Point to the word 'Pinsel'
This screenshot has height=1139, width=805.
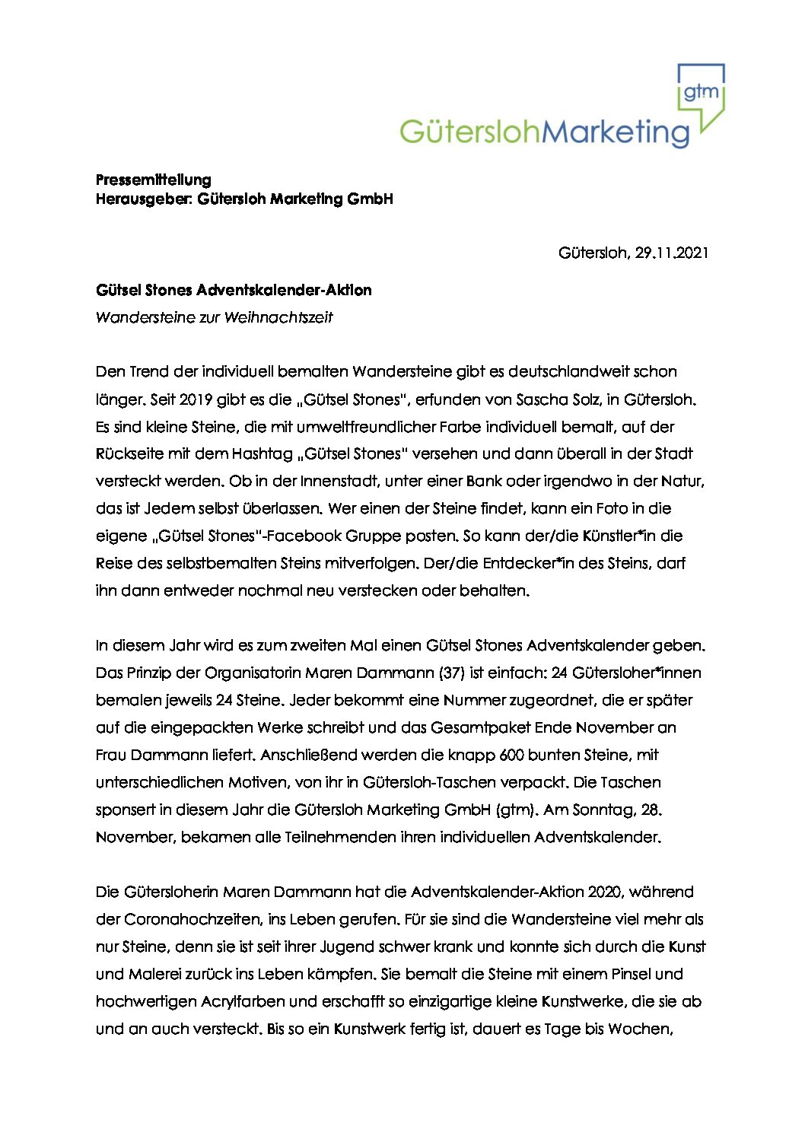(626, 974)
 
